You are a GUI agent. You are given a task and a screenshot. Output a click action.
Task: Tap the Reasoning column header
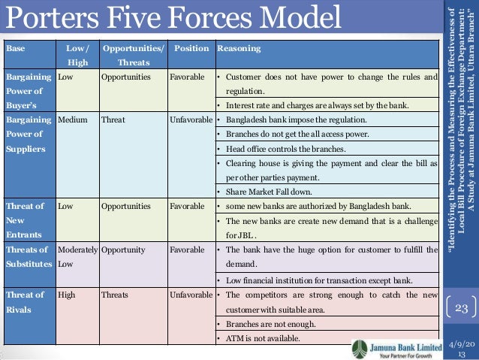(x=239, y=48)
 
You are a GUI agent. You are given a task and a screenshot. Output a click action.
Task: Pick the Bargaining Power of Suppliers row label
(x=29, y=134)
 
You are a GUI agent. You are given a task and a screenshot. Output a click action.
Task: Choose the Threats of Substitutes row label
(x=29, y=256)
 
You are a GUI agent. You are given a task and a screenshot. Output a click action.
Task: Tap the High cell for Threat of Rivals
(x=67, y=295)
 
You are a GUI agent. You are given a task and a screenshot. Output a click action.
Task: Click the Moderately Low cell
(x=77, y=256)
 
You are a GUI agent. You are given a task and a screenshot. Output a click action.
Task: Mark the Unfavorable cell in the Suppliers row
(x=192, y=119)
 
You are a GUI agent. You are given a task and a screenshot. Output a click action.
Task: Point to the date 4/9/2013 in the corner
(x=460, y=348)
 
